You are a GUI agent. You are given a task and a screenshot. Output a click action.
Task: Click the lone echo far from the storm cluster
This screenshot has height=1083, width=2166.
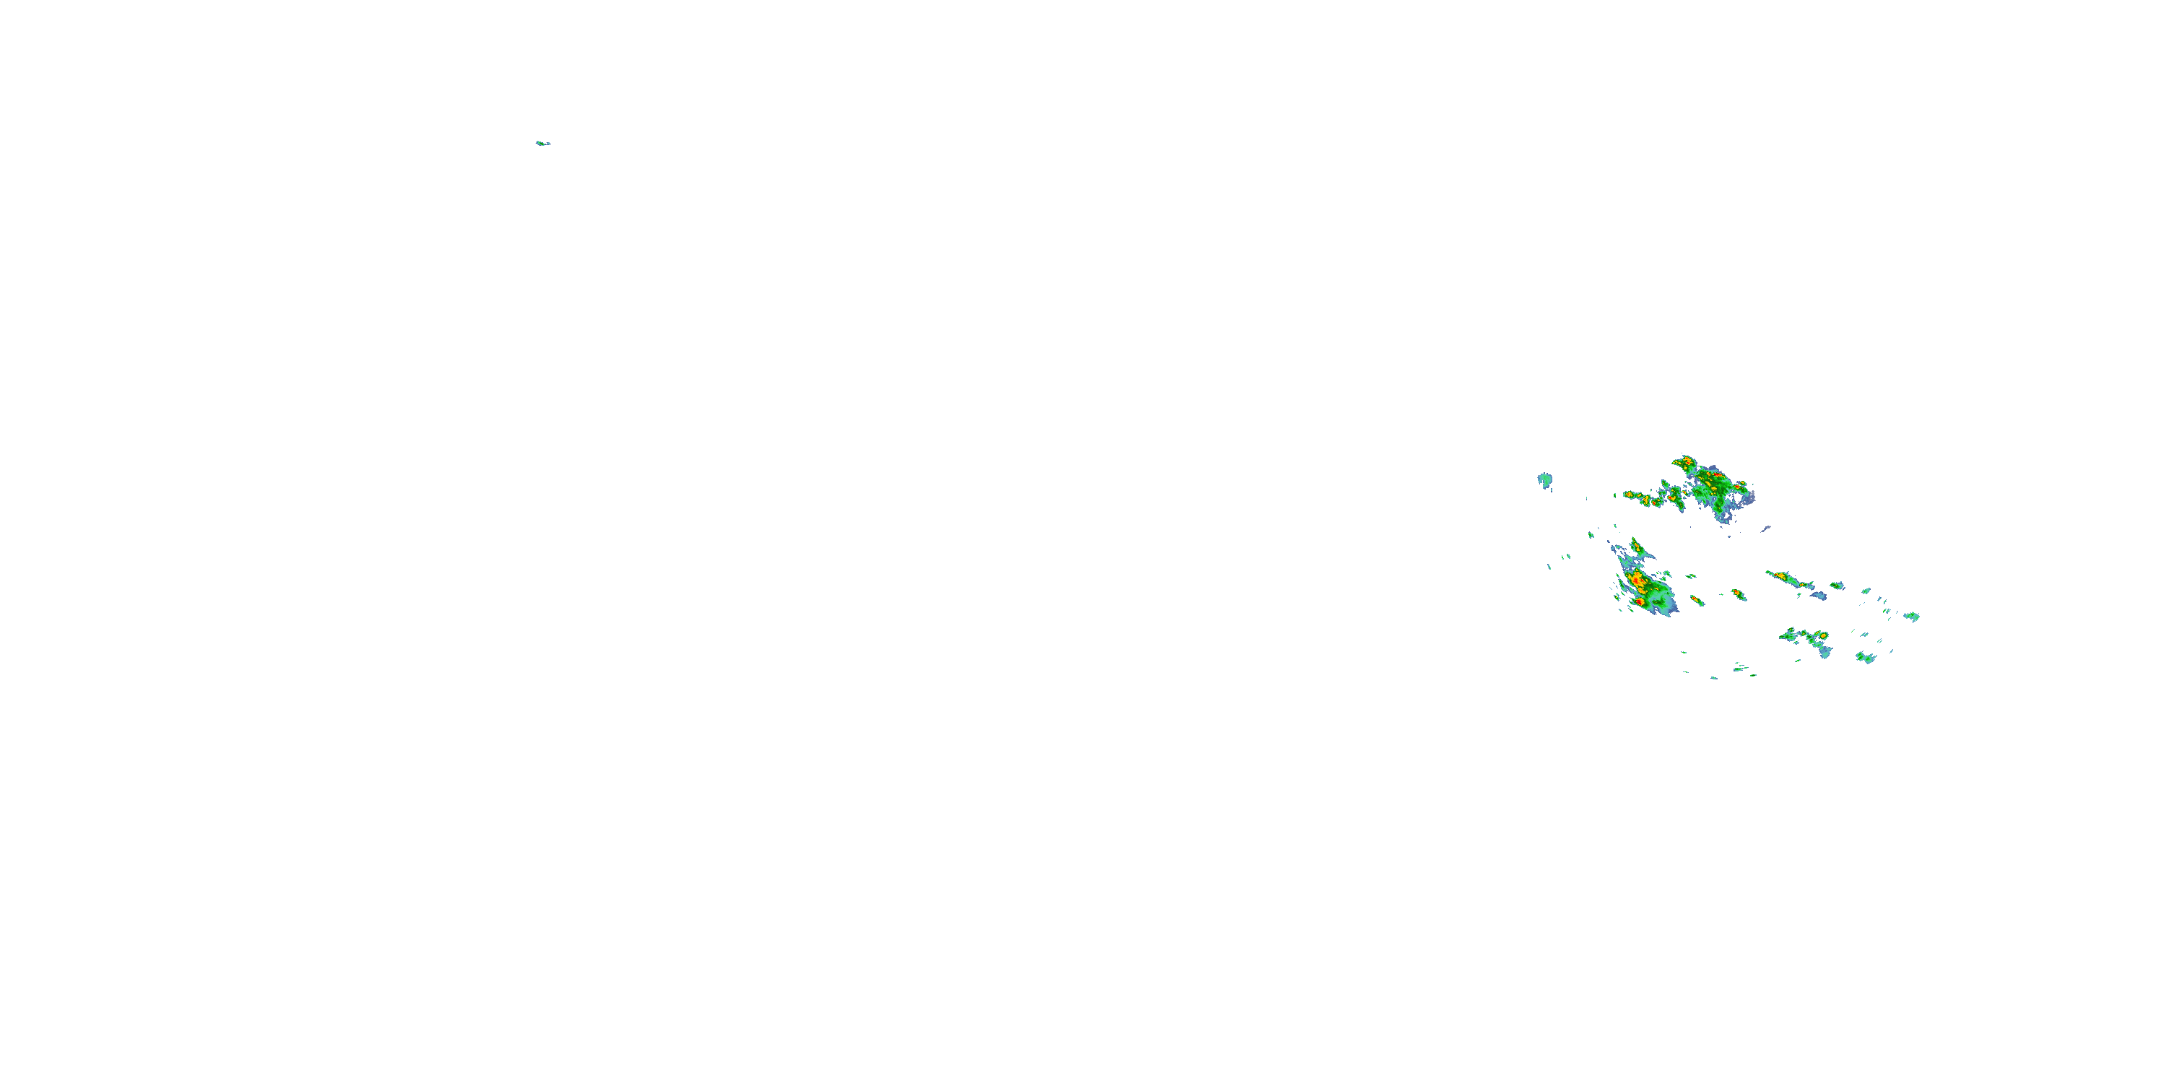(542, 143)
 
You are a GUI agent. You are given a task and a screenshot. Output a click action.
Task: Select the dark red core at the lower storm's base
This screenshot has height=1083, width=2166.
(1640, 602)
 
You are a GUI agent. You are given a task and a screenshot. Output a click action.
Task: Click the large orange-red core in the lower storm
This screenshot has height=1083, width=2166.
(1637, 580)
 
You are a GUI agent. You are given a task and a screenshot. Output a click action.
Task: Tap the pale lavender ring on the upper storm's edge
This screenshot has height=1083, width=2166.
(1748, 500)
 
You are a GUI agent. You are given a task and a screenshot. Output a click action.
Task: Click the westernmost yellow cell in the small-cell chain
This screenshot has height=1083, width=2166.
(1629, 495)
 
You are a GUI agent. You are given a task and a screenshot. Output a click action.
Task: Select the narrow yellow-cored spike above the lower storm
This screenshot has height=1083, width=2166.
(1636, 547)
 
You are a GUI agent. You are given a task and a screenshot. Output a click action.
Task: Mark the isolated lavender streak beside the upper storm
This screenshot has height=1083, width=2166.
(1766, 529)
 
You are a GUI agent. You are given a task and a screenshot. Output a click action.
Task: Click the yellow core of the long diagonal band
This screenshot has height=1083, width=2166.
(1781, 577)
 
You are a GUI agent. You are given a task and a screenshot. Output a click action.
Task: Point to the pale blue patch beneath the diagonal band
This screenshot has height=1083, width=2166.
(1819, 596)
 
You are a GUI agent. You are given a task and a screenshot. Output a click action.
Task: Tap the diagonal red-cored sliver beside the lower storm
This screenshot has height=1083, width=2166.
(1697, 601)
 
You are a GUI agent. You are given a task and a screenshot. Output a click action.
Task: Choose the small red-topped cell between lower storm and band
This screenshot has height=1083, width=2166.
(1737, 593)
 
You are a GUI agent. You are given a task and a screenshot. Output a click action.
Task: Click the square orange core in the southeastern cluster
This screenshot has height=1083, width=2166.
(1822, 635)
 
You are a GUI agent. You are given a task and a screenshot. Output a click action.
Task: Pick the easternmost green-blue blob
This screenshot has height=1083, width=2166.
(1912, 617)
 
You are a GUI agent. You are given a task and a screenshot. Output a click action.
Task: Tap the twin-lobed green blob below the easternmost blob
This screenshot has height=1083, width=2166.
(1866, 658)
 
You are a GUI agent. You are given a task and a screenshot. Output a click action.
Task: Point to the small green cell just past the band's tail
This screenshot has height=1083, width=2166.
(1836, 586)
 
